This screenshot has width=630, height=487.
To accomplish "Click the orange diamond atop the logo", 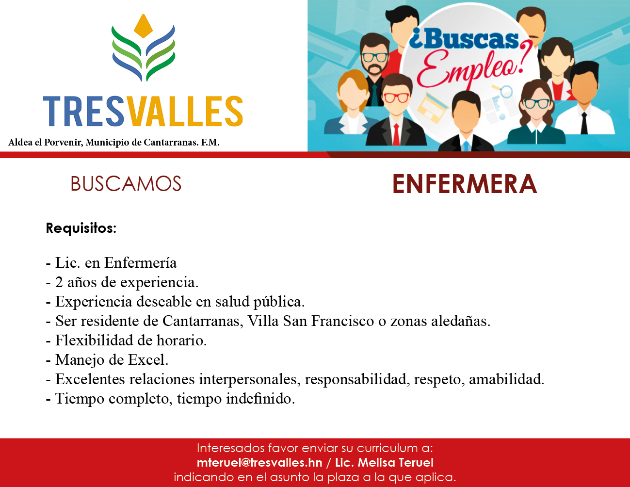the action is coord(143,26).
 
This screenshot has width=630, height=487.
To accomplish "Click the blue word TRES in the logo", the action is coord(84,111).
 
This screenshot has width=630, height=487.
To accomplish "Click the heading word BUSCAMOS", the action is coord(126,184).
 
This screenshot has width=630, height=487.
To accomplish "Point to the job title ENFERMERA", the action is coord(465,184).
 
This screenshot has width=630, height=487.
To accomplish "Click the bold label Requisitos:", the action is coord(81,228).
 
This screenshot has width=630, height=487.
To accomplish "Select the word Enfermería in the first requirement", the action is coord(140,262).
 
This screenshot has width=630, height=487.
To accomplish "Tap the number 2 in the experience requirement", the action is coord(59,282).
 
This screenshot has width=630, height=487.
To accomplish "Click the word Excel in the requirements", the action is coord(148,360).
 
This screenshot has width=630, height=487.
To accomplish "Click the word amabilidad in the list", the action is coord(506,379).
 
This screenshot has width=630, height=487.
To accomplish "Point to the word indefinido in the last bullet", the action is coord(260,399).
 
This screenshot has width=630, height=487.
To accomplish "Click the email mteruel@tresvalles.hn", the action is coord(259,462).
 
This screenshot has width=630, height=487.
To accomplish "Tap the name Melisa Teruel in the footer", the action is coord(395,462).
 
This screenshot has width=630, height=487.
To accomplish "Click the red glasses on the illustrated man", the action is coord(396,97).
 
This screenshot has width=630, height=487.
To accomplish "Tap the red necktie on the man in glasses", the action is coord(396,134).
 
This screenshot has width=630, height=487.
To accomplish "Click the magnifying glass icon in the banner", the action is coord(504,92).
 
